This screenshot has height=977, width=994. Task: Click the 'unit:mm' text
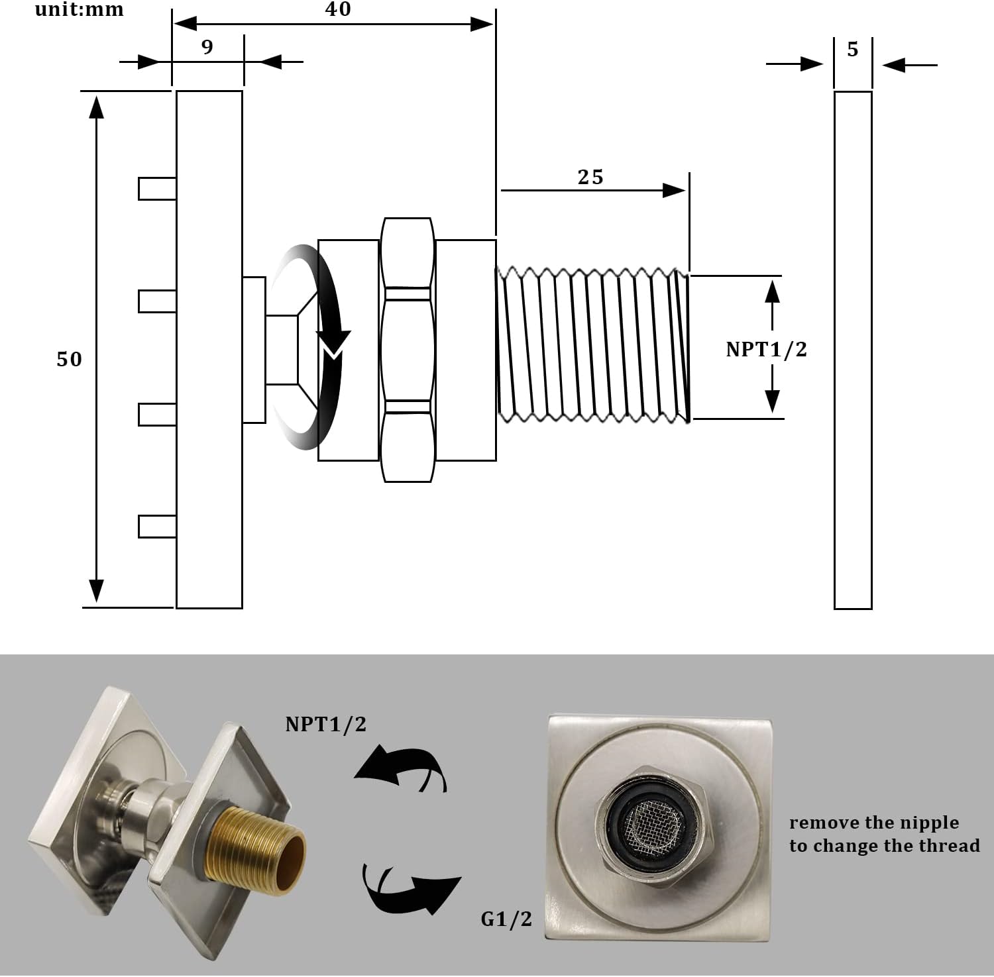[79, 9]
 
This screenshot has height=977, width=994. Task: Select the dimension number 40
[337, 9]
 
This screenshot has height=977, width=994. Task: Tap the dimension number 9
[207, 47]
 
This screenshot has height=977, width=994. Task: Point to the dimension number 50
[69, 359]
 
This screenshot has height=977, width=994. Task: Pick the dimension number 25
[590, 177]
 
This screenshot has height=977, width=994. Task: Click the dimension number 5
[853, 49]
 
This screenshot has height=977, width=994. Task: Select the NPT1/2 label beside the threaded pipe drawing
[766, 349]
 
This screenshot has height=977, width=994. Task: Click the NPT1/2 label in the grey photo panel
[325, 724]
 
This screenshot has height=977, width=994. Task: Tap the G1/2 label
[506, 919]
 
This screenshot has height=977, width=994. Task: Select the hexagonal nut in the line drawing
[408, 349]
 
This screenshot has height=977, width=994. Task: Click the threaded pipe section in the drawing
[592, 344]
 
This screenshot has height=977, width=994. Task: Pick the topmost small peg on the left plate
[157, 188]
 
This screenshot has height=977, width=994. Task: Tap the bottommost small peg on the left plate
[157, 526]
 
